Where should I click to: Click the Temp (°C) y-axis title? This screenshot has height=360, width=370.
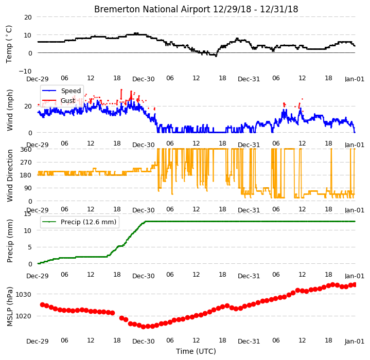(x=9, y=44)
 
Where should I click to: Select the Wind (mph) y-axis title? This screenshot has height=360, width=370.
(x=10, y=110)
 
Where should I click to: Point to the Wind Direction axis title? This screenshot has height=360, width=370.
(x=10, y=176)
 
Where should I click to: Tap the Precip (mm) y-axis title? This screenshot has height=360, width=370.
(x=10, y=241)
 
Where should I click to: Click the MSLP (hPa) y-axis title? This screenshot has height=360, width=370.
(x=10, y=307)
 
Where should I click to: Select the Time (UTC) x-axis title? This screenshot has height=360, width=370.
(x=196, y=351)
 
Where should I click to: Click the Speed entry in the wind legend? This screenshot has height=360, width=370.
(x=71, y=91)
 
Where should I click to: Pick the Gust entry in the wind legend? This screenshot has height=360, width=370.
(x=68, y=101)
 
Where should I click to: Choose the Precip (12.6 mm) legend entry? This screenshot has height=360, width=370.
(x=89, y=222)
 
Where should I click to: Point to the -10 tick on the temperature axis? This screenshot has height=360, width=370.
(x=25, y=71)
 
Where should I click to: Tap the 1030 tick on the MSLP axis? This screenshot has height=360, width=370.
(x=24, y=295)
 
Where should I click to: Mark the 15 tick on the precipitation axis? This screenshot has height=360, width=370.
(x=28, y=214)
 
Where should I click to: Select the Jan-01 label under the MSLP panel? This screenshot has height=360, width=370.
(x=355, y=341)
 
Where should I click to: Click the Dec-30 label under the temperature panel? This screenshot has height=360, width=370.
(x=143, y=79)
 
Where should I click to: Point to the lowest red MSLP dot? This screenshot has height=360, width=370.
(x=143, y=327)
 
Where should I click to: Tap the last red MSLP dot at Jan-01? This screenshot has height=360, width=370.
(x=354, y=285)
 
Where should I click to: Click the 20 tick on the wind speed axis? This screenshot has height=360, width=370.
(x=28, y=106)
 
